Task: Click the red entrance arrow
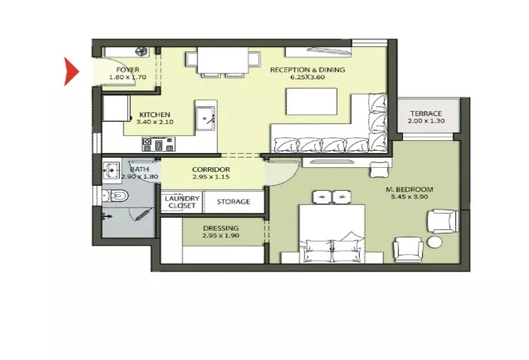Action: coord(71,72)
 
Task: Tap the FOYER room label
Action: coord(128,70)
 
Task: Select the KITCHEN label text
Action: coord(155,115)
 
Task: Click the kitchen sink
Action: coord(205,118)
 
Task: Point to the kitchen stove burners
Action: coord(158,144)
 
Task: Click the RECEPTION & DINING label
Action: coord(308,70)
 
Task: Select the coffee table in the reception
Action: coord(311,102)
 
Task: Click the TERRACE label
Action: coord(426,114)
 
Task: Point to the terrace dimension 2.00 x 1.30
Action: coord(426,120)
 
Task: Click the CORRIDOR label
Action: coord(211,169)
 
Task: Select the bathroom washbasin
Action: coord(112,171)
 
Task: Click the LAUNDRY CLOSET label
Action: coord(182,202)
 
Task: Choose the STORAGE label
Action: coord(233,202)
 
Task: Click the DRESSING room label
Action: coord(221,229)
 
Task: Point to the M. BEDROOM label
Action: coord(409,189)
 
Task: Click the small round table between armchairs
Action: coord(435,242)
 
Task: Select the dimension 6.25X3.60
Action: coord(308,77)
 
